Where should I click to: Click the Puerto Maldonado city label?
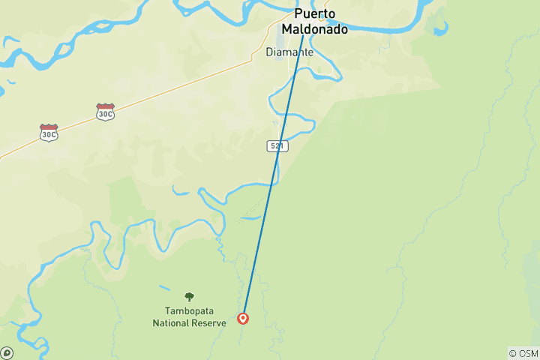tap(314, 22)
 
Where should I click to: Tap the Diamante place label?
tap(289, 53)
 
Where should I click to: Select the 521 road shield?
tap(277, 145)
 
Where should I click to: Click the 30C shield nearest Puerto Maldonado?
tap(105, 112)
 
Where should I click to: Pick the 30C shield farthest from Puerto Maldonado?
tap(49, 133)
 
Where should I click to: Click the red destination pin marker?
tap(243, 318)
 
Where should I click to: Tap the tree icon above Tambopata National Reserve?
tap(189, 297)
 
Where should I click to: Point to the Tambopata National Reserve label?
tap(189, 316)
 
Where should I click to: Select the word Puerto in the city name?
tap(315, 14)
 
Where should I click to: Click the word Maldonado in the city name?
tap(314, 29)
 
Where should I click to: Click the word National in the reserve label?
tap(172, 322)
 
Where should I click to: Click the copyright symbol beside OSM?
tap(513, 353)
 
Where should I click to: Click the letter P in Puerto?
tap(298, 14)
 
